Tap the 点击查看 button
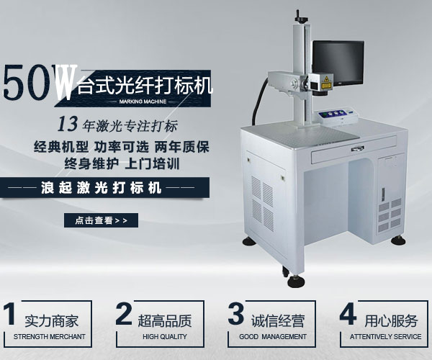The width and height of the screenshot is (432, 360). pyautogui.click(x=97, y=220)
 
